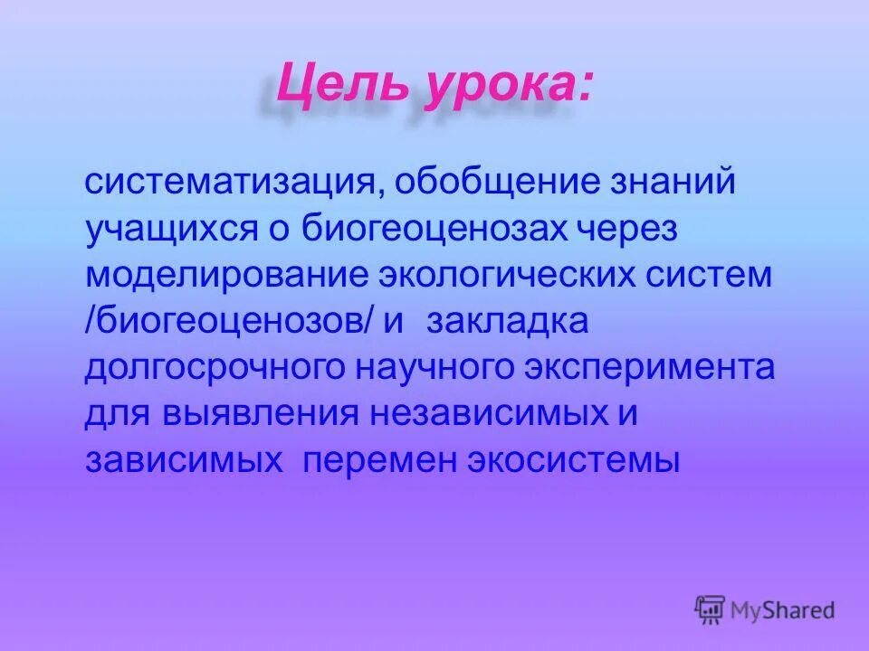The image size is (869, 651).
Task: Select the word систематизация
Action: point(224,184)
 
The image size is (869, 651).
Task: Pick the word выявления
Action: point(259,416)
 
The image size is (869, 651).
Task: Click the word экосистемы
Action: point(574,462)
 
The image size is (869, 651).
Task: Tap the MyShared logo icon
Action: point(711,609)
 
